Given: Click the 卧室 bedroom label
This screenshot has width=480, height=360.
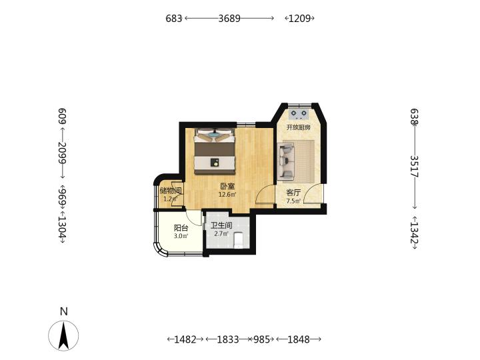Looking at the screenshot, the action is click(228, 186).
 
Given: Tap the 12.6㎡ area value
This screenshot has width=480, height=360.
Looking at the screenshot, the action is click(227, 195).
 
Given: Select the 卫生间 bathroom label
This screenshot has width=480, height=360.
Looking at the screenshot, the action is click(221, 225).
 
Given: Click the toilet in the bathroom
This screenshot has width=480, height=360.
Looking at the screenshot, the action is click(238, 240).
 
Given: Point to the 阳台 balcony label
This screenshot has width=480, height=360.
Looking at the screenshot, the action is click(181, 228).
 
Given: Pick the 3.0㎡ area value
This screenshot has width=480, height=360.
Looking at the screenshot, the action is click(181, 236).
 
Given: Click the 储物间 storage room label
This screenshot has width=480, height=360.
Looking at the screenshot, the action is click(171, 191).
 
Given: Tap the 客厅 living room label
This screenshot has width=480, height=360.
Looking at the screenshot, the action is click(293, 193).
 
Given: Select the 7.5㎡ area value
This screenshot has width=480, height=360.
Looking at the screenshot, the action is click(293, 201).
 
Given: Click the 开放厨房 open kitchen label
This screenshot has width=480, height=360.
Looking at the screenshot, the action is click(299, 127).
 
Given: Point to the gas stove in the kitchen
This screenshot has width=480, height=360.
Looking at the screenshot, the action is click(299, 114).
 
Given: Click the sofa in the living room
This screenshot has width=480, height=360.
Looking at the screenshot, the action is click(287, 161).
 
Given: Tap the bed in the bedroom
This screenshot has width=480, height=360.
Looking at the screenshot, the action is click(215, 151).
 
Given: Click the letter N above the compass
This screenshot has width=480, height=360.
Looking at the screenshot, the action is click(64, 311).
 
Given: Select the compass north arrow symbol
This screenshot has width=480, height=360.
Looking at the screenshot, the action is click(63, 335).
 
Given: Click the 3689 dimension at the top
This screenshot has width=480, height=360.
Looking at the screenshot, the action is click(229, 19).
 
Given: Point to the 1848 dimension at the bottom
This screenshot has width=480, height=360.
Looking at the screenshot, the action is click(299, 339).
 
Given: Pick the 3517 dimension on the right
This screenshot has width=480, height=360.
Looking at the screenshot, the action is click(415, 167).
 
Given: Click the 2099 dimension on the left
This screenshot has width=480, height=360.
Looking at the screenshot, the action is click(63, 152).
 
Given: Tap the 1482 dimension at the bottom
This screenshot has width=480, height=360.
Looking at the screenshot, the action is click(185, 339).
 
